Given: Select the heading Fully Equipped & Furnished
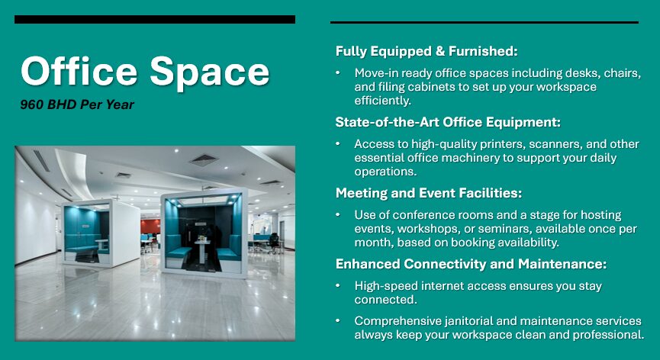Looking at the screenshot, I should (427, 51).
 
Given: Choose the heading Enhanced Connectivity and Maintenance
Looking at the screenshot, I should (471, 264).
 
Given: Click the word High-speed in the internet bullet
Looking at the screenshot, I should (385, 286).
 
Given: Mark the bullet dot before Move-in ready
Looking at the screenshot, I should (339, 73).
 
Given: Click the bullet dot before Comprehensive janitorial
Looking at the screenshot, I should (339, 321).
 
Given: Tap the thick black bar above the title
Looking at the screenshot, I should (154, 19).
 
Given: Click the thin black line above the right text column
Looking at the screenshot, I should (484, 22).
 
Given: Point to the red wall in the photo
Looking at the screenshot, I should (150, 227).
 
